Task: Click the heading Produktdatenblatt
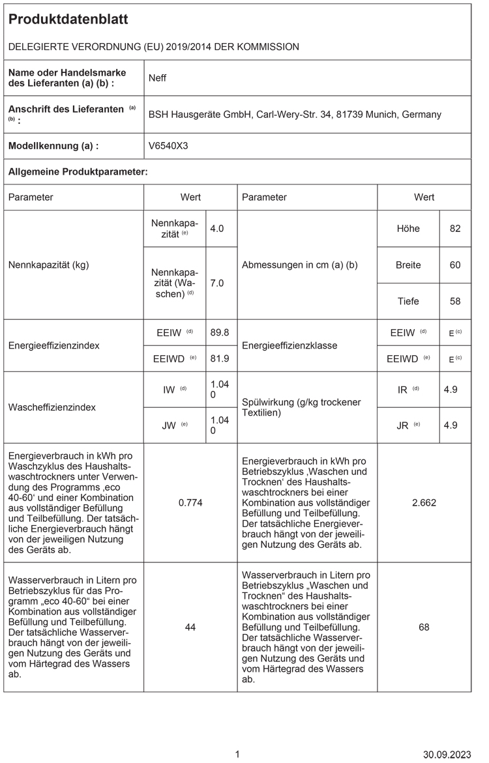(x=68, y=20)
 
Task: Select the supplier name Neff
(x=157, y=78)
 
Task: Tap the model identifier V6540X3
(x=168, y=146)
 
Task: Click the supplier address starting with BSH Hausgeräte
(x=295, y=114)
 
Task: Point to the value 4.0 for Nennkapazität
(x=217, y=229)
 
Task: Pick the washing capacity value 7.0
(x=217, y=283)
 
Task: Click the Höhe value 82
(x=455, y=229)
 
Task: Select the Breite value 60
(x=455, y=265)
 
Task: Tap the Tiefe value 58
(x=455, y=302)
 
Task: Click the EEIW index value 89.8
(x=220, y=333)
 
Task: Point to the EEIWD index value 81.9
(x=220, y=358)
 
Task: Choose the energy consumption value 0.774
(x=190, y=502)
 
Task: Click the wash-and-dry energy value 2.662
(x=424, y=502)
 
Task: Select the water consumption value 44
(x=190, y=627)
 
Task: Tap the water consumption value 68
(x=424, y=627)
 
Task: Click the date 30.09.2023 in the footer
(x=447, y=754)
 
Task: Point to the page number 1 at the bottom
(x=237, y=754)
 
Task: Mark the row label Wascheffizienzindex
(x=52, y=407)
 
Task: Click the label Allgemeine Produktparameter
(x=78, y=172)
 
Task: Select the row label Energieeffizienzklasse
(x=289, y=345)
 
